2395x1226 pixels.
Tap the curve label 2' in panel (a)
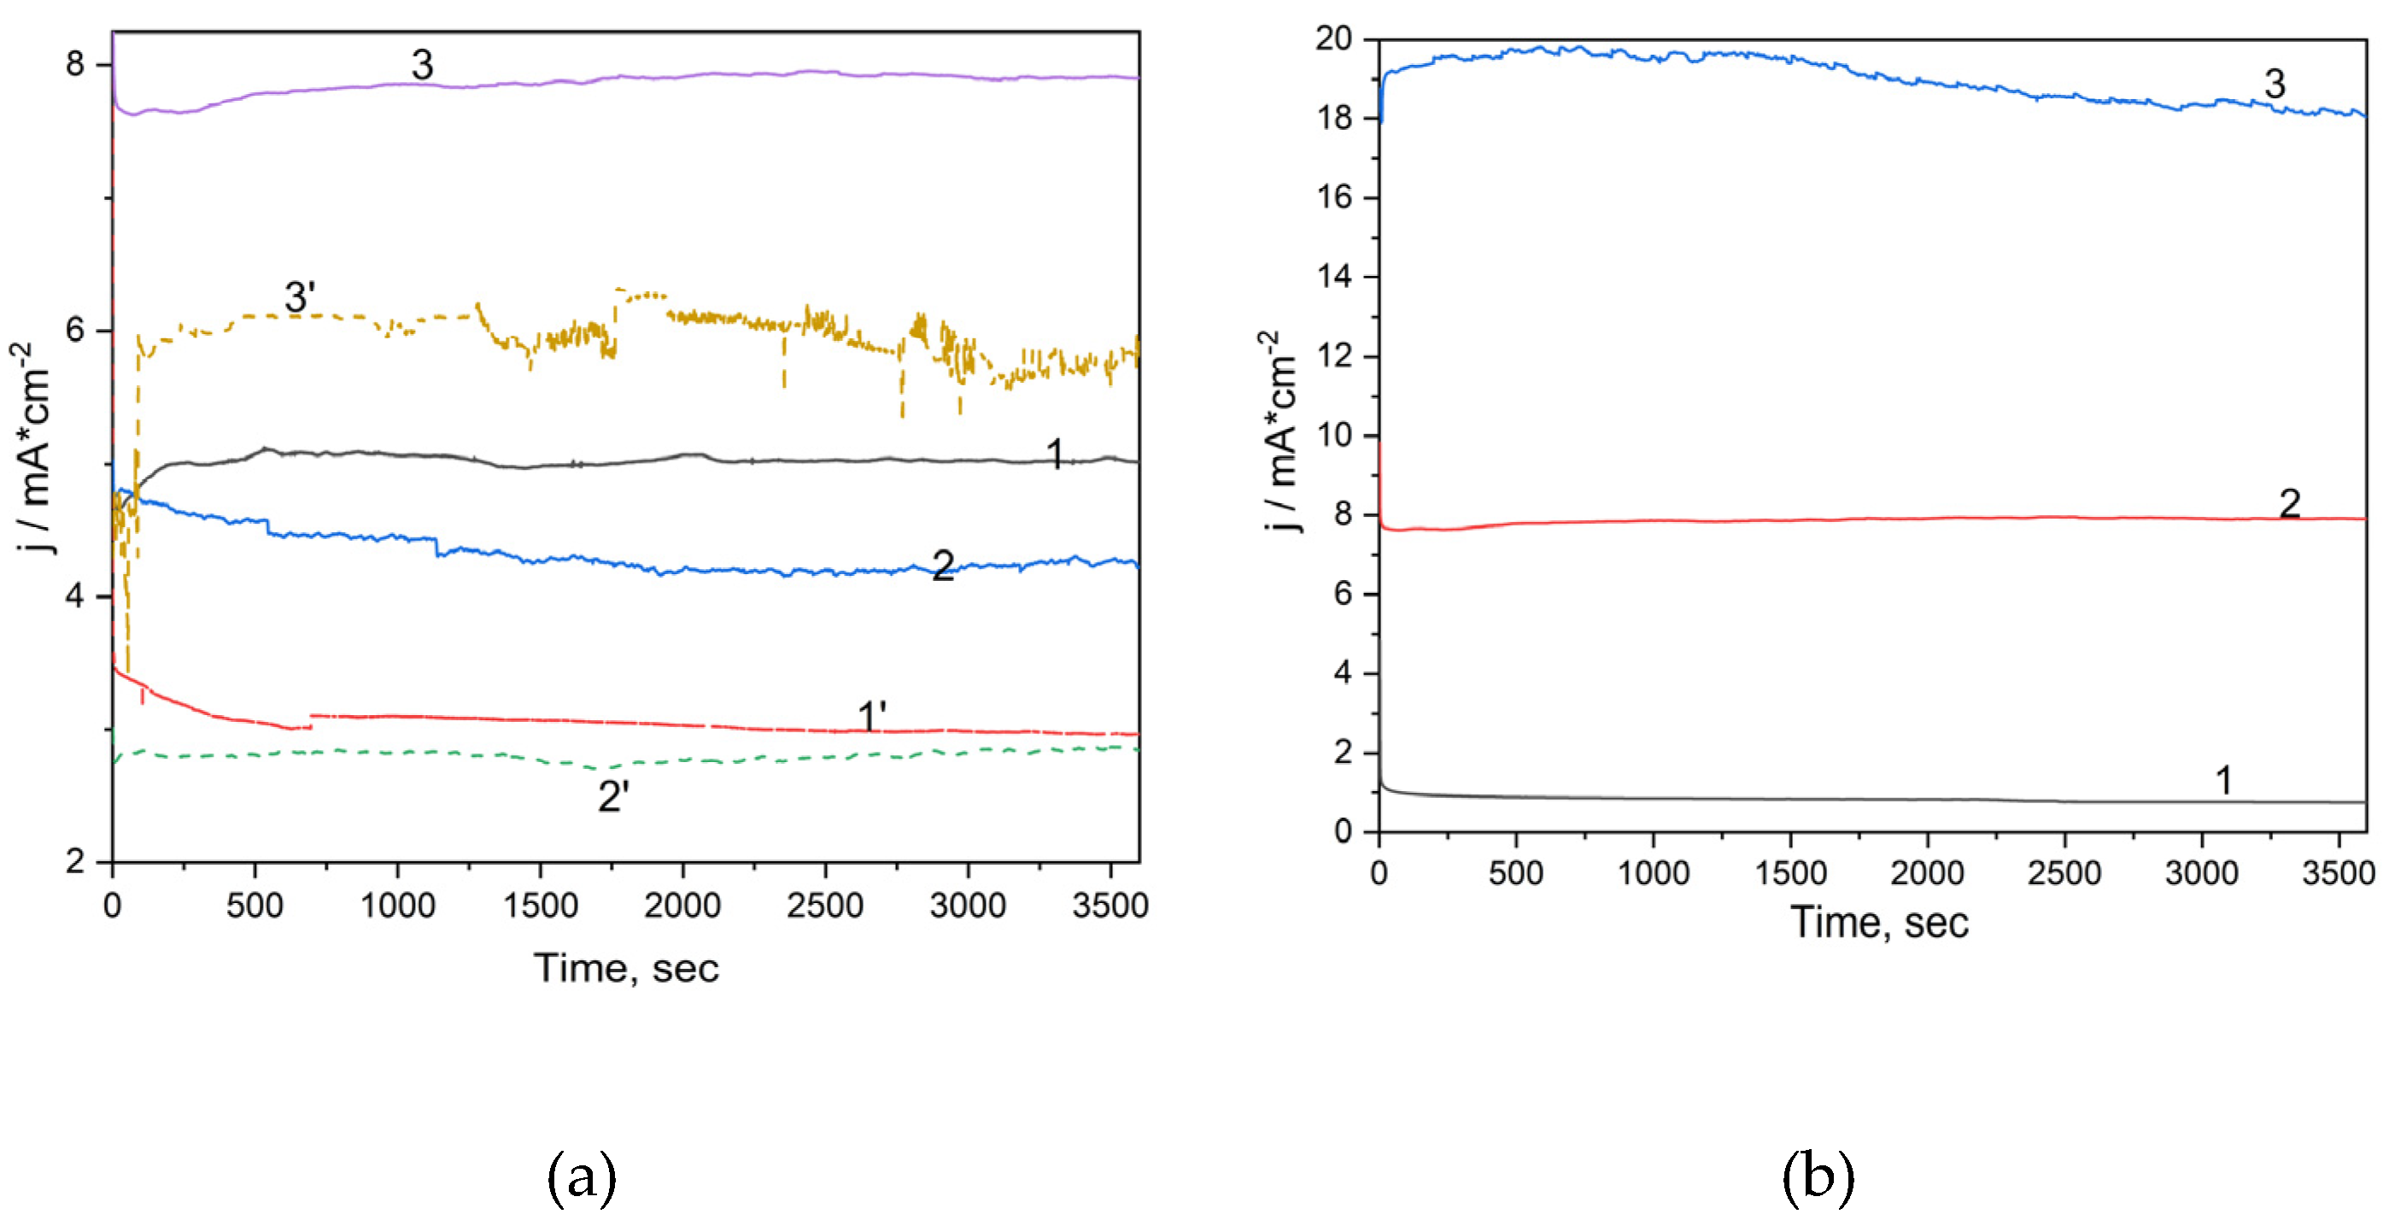[x=613, y=797]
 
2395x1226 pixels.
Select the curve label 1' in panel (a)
[x=872, y=717]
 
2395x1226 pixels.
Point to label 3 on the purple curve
[x=422, y=65]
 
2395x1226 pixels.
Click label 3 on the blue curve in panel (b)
[x=2274, y=85]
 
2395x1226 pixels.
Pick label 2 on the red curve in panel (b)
[x=2289, y=504]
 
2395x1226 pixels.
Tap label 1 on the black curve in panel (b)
[x=2224, y=780]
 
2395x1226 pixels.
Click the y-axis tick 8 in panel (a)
[x=75, y=64]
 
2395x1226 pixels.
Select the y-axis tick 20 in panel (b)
[x=1333, y=39]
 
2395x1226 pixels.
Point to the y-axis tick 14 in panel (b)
[x=1333, y=277]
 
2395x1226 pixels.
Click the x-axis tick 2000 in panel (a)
[x=682, y=905]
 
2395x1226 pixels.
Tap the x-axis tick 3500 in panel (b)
[x=2338, y=873]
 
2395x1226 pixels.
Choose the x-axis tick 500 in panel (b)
[x=1515, y=873]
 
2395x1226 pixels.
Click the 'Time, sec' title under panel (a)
[x=626, y=968]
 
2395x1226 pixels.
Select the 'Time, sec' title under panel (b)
[x=1879, y=923]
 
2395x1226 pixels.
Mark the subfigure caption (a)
[x=581, y=1177]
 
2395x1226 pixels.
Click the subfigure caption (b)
[x=1818, y=1176]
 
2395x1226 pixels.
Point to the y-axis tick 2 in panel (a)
[x=75, y=861]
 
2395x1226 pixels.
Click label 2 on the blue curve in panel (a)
[x=943, y=566]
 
